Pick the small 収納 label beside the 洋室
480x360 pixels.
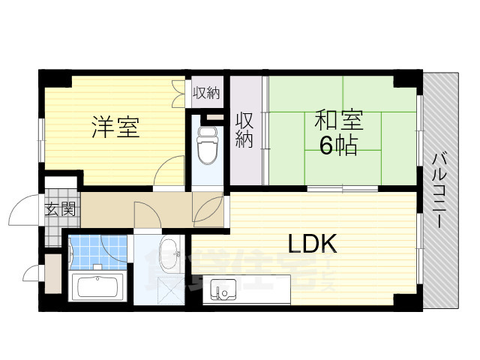(x=206, y=93)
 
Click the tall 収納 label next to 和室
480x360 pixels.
(x=244, y=130)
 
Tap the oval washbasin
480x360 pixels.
(x=169, y=252)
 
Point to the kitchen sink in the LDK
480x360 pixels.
(x=223, y=288)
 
